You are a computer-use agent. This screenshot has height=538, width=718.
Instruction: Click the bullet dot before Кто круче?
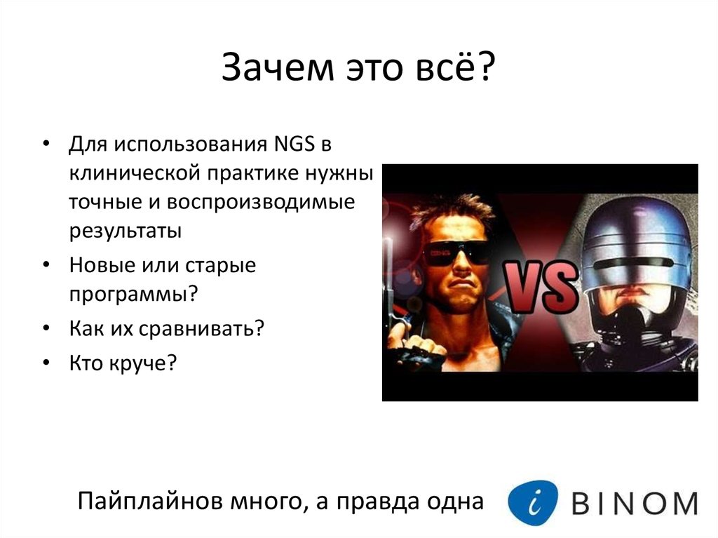pyautogui.click(x=46, y=363)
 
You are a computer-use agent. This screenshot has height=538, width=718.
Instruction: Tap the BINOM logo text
pyautogui.click(x=635, y=504)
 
